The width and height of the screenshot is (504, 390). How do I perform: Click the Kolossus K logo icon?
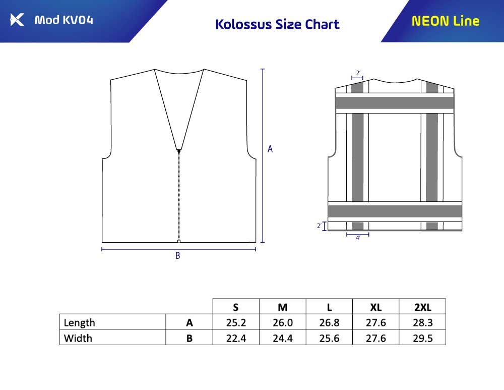(17, 20)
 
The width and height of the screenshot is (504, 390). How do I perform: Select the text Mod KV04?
(64, 20)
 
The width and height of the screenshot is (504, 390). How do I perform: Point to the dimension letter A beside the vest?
(270, 149)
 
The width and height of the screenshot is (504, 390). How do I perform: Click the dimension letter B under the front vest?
(178, 256)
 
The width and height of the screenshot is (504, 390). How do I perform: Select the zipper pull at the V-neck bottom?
(179, 151)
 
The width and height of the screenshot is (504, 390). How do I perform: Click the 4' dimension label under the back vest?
(358, 238)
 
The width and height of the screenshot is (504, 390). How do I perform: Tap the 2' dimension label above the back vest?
(358, 73)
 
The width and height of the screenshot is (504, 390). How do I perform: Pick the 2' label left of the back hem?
(319, 226)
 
